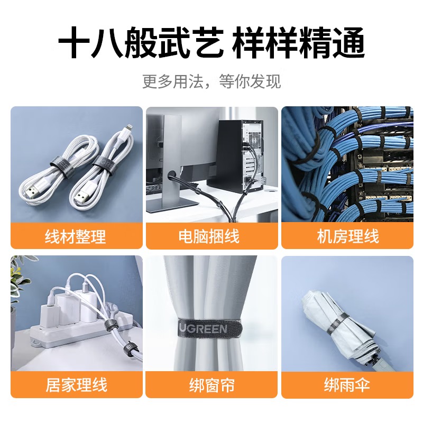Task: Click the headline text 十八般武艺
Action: [140, 44]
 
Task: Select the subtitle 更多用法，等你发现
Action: [212, 81]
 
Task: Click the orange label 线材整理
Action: [76, 236]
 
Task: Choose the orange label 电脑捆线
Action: [212, 236]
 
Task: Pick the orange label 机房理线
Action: [347, 236]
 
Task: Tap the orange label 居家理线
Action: [76, 384]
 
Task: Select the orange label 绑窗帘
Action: [212, 384]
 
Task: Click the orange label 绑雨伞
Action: [347, 384]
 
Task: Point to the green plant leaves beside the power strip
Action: [19, 280]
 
